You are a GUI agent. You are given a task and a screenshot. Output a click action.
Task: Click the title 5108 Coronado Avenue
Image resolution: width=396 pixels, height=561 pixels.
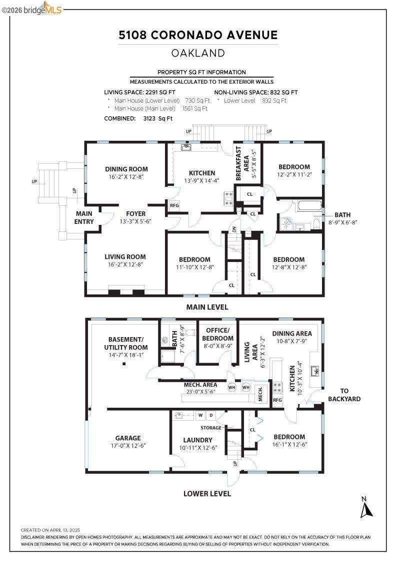point(198,35)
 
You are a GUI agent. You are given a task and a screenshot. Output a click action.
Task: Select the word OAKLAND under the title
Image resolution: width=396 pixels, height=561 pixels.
point(198,53)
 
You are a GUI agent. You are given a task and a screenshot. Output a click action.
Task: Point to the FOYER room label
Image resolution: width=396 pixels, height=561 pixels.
point(135,213)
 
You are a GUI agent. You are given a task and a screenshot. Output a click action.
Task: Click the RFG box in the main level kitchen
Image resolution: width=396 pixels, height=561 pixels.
point(174,205)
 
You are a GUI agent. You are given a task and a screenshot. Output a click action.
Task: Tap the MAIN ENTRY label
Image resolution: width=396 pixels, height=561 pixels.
point(84,218)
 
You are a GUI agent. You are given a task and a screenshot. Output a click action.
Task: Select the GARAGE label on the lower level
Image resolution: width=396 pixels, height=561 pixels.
point(128,438)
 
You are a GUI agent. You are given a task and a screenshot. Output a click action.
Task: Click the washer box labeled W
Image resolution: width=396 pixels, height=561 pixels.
point(200,415)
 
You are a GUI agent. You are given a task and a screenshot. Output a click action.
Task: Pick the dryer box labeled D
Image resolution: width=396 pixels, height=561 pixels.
point(210,415)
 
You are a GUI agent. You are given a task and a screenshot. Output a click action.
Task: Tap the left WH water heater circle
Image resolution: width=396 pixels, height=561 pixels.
point(232,387)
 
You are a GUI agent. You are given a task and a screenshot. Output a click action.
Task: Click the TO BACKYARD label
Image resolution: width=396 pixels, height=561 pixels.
point(344,395)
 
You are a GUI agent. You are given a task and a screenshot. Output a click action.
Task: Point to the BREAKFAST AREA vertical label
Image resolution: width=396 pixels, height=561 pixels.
point(242,164)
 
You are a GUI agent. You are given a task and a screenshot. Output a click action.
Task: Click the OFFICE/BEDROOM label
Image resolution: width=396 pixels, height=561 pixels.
point(217,334)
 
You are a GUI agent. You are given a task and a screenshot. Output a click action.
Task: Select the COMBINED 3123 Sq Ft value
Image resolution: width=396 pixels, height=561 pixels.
point(138,119)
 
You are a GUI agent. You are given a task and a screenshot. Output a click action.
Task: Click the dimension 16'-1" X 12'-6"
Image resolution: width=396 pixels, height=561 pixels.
point(289,445)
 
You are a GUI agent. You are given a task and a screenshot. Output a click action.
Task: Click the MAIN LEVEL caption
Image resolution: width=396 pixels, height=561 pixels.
point(207,307)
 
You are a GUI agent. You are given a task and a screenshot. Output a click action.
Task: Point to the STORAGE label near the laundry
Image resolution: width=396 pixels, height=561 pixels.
point(210,428)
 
